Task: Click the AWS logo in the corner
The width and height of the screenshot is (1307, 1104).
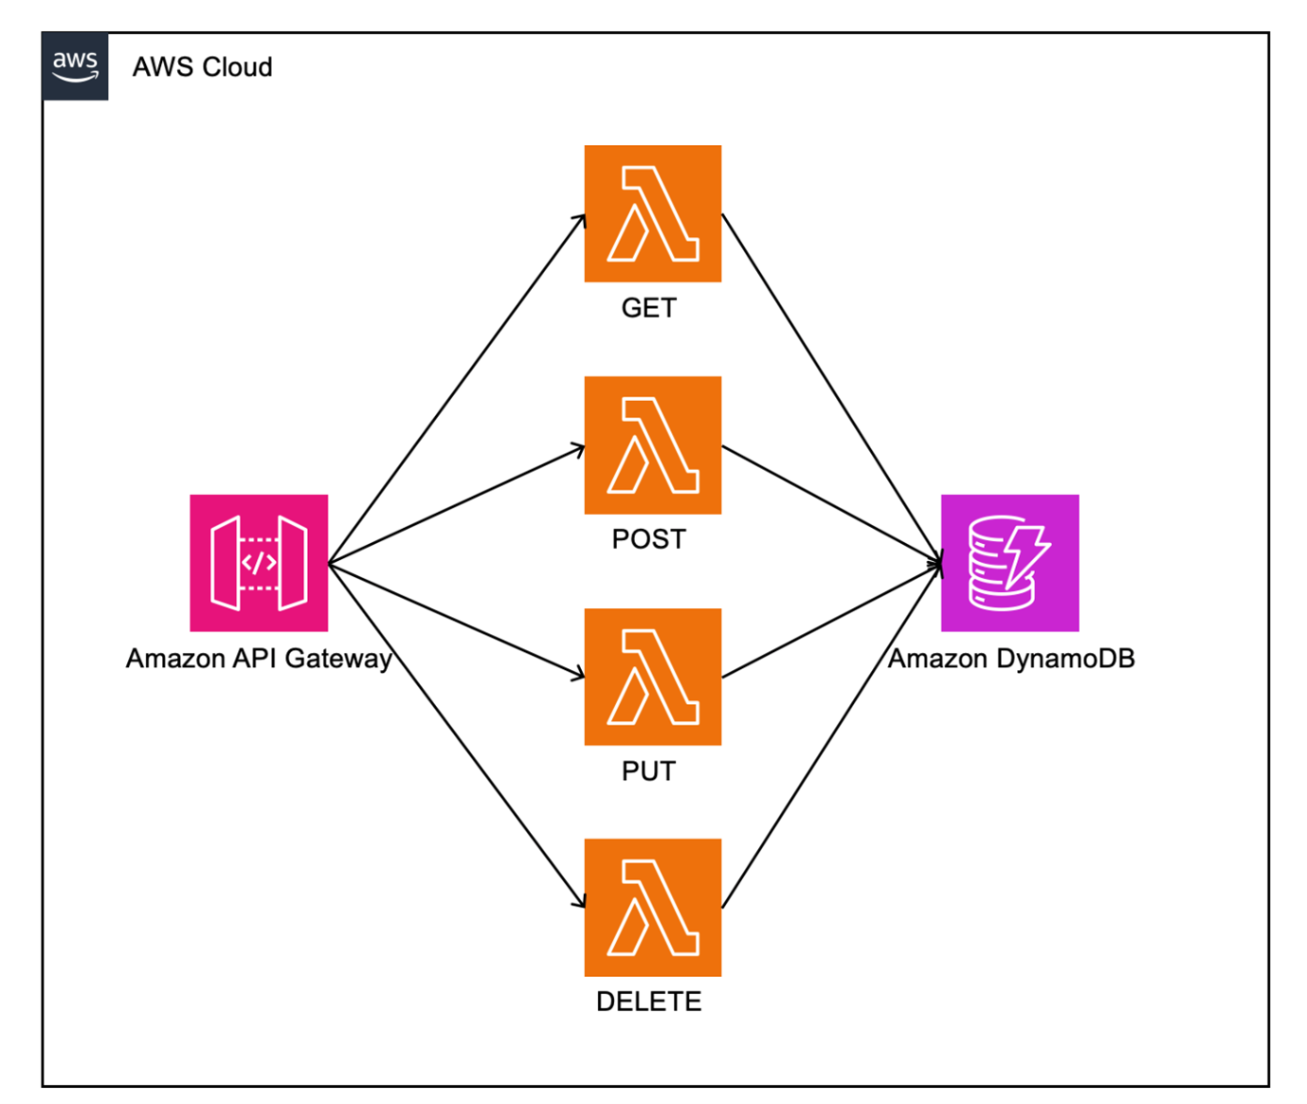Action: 75,66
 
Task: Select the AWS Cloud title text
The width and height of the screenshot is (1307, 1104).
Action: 202,67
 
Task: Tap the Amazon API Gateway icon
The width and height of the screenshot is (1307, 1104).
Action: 259,563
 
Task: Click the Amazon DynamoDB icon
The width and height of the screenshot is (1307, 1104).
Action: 1009,563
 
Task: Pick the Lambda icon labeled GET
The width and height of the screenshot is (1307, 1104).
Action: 653,213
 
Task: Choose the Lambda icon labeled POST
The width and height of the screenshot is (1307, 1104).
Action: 653,445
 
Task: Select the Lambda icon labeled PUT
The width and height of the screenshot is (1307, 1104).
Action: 653,677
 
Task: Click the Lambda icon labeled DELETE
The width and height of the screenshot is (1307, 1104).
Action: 653,908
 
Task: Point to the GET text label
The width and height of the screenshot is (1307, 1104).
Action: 649,308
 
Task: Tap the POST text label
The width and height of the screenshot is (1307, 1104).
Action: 649,539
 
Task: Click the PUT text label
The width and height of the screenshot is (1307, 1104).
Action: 649,771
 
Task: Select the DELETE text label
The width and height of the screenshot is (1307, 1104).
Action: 649,1002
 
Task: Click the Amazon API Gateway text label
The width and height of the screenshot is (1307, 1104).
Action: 259,659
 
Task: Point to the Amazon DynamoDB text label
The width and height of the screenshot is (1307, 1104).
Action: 1011,659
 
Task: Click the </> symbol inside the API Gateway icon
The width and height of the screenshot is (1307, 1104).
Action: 259,563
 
